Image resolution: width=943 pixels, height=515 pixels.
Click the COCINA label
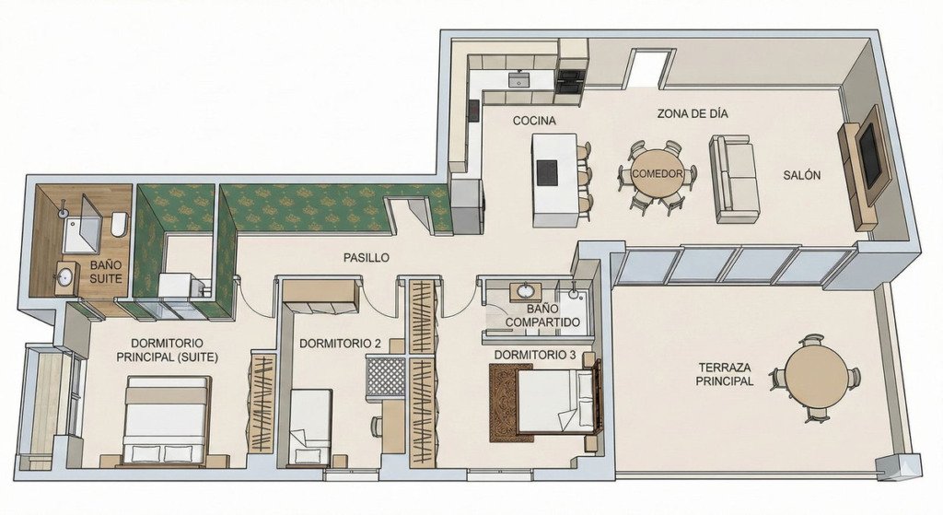[534, 121]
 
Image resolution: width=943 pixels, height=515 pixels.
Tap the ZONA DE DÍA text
[693, 113]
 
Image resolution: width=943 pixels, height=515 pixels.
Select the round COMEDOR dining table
[657, 174]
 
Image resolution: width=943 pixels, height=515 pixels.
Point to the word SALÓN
[802, 175]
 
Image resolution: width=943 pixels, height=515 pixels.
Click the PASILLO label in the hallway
[367, 258]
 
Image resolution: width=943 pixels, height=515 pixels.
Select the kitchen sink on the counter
[518, 79]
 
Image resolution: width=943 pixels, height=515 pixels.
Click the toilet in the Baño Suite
[119, 225]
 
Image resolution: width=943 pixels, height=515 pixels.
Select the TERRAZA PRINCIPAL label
[725, 374]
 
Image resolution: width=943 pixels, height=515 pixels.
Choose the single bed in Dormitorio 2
[310, 427]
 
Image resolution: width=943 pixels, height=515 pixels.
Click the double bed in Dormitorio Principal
[168, 420]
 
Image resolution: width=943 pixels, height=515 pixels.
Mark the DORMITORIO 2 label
[340, 344]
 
